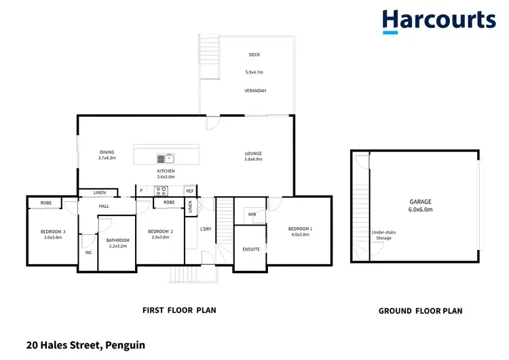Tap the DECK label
254,55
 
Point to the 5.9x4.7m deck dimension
254,73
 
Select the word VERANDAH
254,90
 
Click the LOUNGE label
253,153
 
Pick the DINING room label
107,152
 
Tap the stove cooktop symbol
162,191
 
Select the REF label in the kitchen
189,191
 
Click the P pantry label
141,191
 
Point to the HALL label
104,206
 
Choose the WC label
88,253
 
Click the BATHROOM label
117,240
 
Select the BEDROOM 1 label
300,228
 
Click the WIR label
252,214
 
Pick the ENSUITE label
251,249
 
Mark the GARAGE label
420,202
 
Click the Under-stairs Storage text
381,235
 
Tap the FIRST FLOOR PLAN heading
178,310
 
